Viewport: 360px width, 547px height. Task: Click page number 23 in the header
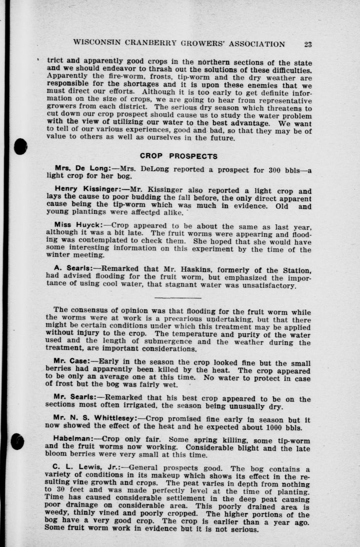point(308,44)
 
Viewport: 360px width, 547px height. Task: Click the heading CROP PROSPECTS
point(179,156)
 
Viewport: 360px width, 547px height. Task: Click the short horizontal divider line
point(178,297)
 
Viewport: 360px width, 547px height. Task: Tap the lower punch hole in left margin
point(18,441)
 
